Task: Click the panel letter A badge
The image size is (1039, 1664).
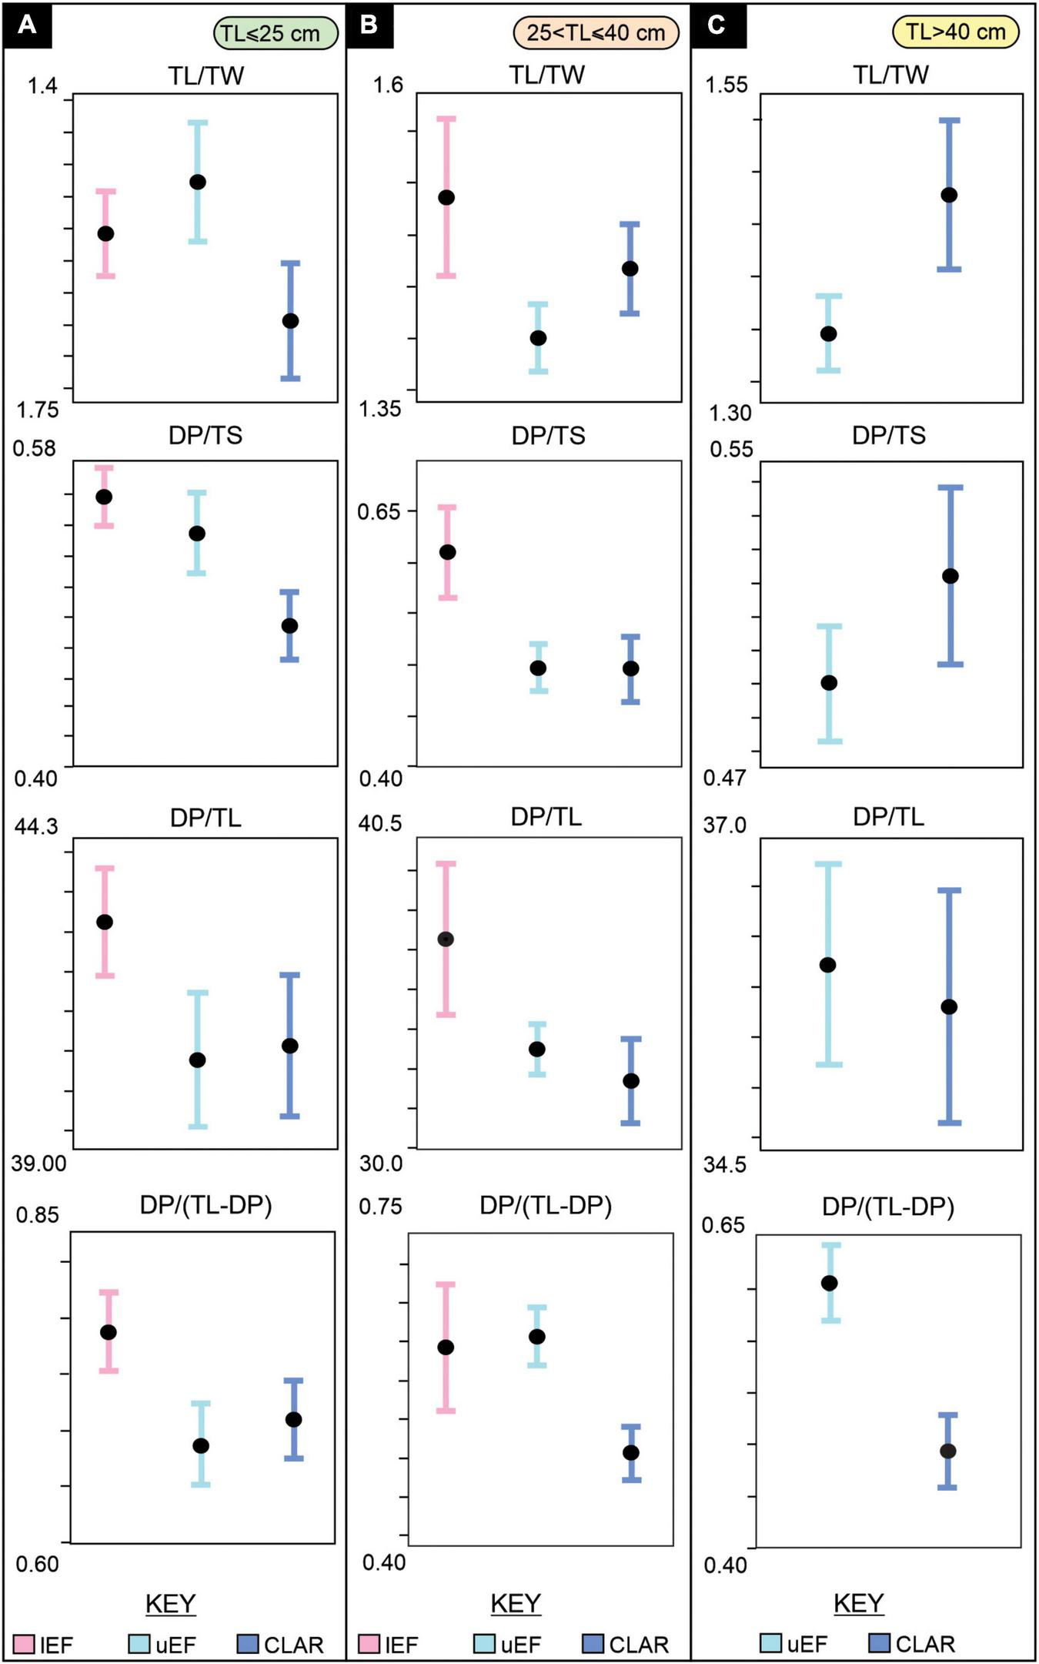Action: [x=27, y=25]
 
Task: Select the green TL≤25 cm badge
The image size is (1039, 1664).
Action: [x=275, y=33]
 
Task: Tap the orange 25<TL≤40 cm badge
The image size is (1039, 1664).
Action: [x=596, y=32]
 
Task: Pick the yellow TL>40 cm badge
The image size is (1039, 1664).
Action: [x=955, y=32]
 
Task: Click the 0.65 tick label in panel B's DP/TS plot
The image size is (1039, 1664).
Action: [x=379, y=511]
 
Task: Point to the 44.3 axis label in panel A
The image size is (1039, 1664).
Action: [x=36, y=827]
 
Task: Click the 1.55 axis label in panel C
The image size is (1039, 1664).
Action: [x=727, y=85]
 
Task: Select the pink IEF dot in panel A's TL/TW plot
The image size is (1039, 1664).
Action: [x=106, y=233]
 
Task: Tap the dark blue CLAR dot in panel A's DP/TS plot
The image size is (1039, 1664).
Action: [x=289, y=626]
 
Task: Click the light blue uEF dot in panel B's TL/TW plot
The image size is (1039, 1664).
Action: [x=538, y=338]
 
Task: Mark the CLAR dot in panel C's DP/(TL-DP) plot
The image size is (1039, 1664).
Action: [x=948, y=1451]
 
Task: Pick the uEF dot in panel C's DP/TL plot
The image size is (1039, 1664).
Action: [x=828, y=965]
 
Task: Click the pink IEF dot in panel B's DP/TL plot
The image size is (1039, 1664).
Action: [x=446, y=939]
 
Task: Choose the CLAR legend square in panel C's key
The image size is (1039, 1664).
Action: [x=879, y=1643]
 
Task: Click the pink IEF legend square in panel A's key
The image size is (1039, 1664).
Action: [x=23, y=1644]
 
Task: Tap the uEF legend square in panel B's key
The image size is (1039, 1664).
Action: [x=484, y=1644]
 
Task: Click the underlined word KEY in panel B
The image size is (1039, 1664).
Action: [x=516, y=1603]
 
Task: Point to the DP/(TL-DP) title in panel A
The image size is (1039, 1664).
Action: [x=205, y=1205]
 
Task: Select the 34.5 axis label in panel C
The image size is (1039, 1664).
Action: [x=725, y=1164]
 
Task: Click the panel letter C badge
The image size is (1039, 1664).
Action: [x=717, y=25]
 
